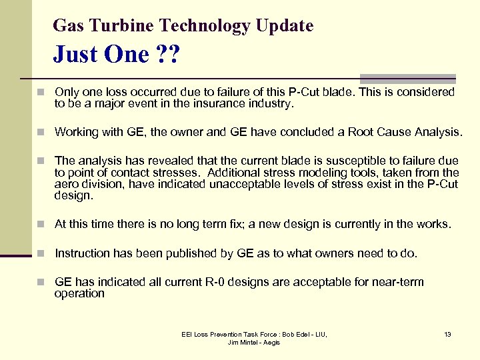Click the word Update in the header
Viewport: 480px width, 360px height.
[x=287, y=26]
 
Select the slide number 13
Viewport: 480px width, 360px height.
[x=447, y=334]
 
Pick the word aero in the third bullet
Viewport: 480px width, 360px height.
[x=68, y=185]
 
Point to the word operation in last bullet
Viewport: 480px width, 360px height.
[x=79, y=293]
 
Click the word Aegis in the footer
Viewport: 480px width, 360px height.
[x=271, y=343]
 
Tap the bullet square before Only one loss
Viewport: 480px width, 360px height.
[x=41, y=93]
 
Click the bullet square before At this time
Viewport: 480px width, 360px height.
[x=41, y=225]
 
